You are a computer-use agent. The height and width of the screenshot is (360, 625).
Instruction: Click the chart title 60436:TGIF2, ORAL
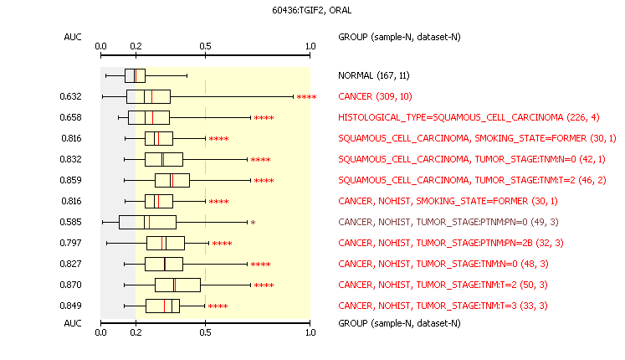coord(312,10)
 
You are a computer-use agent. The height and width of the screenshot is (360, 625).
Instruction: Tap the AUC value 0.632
coord(70,96)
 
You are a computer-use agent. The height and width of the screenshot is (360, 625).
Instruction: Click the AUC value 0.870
coord(70,285)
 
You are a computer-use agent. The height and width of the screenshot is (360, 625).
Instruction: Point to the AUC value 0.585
coord(70,222)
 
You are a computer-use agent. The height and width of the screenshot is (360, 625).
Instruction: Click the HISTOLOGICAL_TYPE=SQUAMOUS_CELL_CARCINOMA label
coord(451,117)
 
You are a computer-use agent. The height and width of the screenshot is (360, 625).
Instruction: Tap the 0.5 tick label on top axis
coord(205,46)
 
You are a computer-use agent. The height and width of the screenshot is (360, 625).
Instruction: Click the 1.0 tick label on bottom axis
coord(310,332)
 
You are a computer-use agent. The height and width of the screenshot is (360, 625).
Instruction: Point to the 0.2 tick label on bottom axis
coord(136,332)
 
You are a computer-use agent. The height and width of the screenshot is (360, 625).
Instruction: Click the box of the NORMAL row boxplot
coord(136,75)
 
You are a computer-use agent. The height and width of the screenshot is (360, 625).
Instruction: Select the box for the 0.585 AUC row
coord(147,222)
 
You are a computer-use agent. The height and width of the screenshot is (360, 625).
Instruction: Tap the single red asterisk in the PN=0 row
coord(254,223)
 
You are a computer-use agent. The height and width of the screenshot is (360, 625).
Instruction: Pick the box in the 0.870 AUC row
coord(177,285)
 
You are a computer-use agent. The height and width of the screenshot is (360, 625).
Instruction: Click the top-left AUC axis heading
coord(73,37)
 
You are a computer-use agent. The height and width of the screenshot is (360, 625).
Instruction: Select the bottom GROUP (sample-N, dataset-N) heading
coord(399,323)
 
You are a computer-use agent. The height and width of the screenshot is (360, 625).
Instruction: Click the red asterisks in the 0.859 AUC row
coord(264,181)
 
